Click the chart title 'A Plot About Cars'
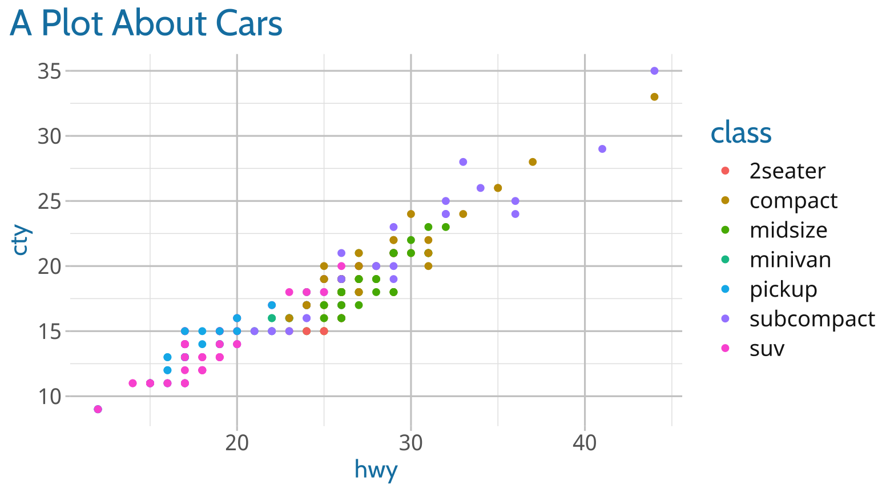point(146,24)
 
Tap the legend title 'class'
point(740,133)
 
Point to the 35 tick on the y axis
point(49,71)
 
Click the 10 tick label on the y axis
point(49,396)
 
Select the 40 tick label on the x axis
point(585,443)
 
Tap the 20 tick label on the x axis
point(237,443)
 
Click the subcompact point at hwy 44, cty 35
point(654,71)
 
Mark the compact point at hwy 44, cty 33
point(654,97)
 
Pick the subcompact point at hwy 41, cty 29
point(602,149)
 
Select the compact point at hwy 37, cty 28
point(533,162)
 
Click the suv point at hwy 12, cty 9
point(98,409)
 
